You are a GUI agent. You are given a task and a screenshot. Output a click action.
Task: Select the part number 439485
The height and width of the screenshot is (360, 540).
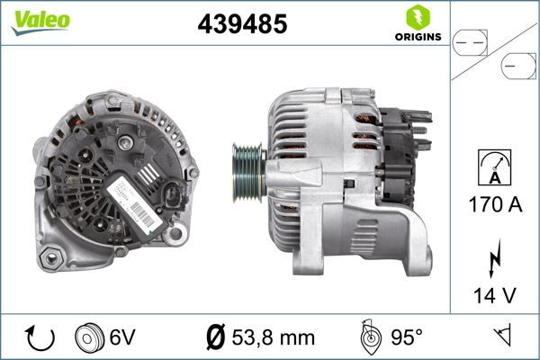pyautogui.click(x=241, y=24)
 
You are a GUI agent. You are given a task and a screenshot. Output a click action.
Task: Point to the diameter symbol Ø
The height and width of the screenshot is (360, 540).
pyautogui.click(x=215, y=337)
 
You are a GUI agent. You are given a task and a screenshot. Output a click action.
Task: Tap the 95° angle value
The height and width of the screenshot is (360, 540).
pyautogui.click(x=407, y=337)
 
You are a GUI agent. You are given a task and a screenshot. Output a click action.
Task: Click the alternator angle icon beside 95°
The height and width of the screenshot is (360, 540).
pyautogui.click(x=369, y=337)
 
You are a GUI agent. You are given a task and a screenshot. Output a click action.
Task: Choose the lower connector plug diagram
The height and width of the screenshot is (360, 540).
pyautogui.click(x=518, y=67)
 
